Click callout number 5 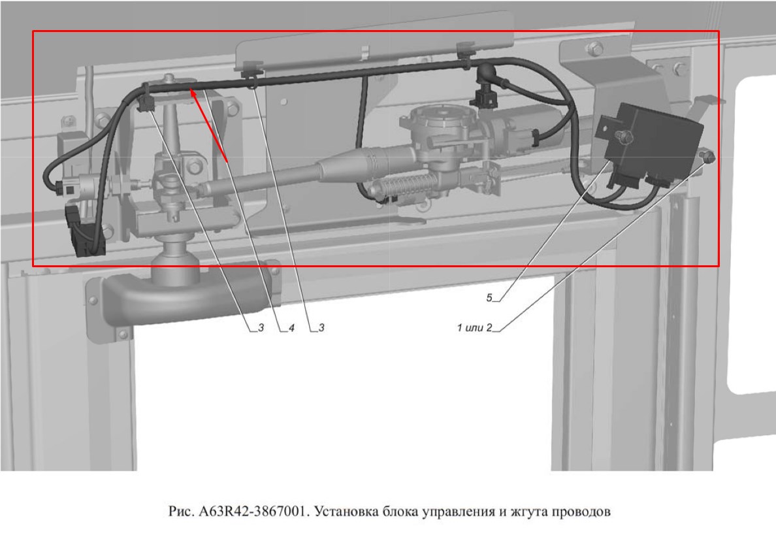pos(489,297)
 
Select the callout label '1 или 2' pos(475,327)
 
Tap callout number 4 pos(291,327)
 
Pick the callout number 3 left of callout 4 pos(261,327)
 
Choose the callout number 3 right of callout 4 pos(321,327)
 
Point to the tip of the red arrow pos(191,88)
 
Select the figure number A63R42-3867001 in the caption pos(254,512)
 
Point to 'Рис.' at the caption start pos(181,512)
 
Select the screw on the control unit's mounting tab pos(621,136)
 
